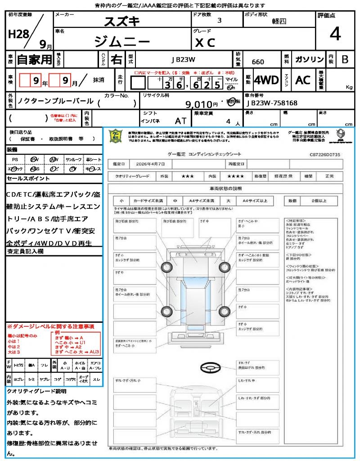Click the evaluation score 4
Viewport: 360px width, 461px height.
click(x=335, y=34)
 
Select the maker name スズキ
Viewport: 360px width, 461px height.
click(x=122, y=21)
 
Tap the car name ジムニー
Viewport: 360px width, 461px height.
click(x=122, y=41)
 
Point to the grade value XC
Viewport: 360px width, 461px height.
click(x=205, y=43)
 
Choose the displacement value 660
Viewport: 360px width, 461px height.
click(x=258, y=62)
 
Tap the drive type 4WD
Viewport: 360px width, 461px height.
click(x=266, y=80)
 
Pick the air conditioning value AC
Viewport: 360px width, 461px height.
click(x=303, y=80)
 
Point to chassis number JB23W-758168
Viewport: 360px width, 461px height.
click(x=272, y=103)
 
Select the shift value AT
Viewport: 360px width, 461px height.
click(x=180, y=121)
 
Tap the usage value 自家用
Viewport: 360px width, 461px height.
click(x=34, y=59)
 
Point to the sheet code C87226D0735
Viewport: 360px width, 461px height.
click(x=325, y=154)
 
